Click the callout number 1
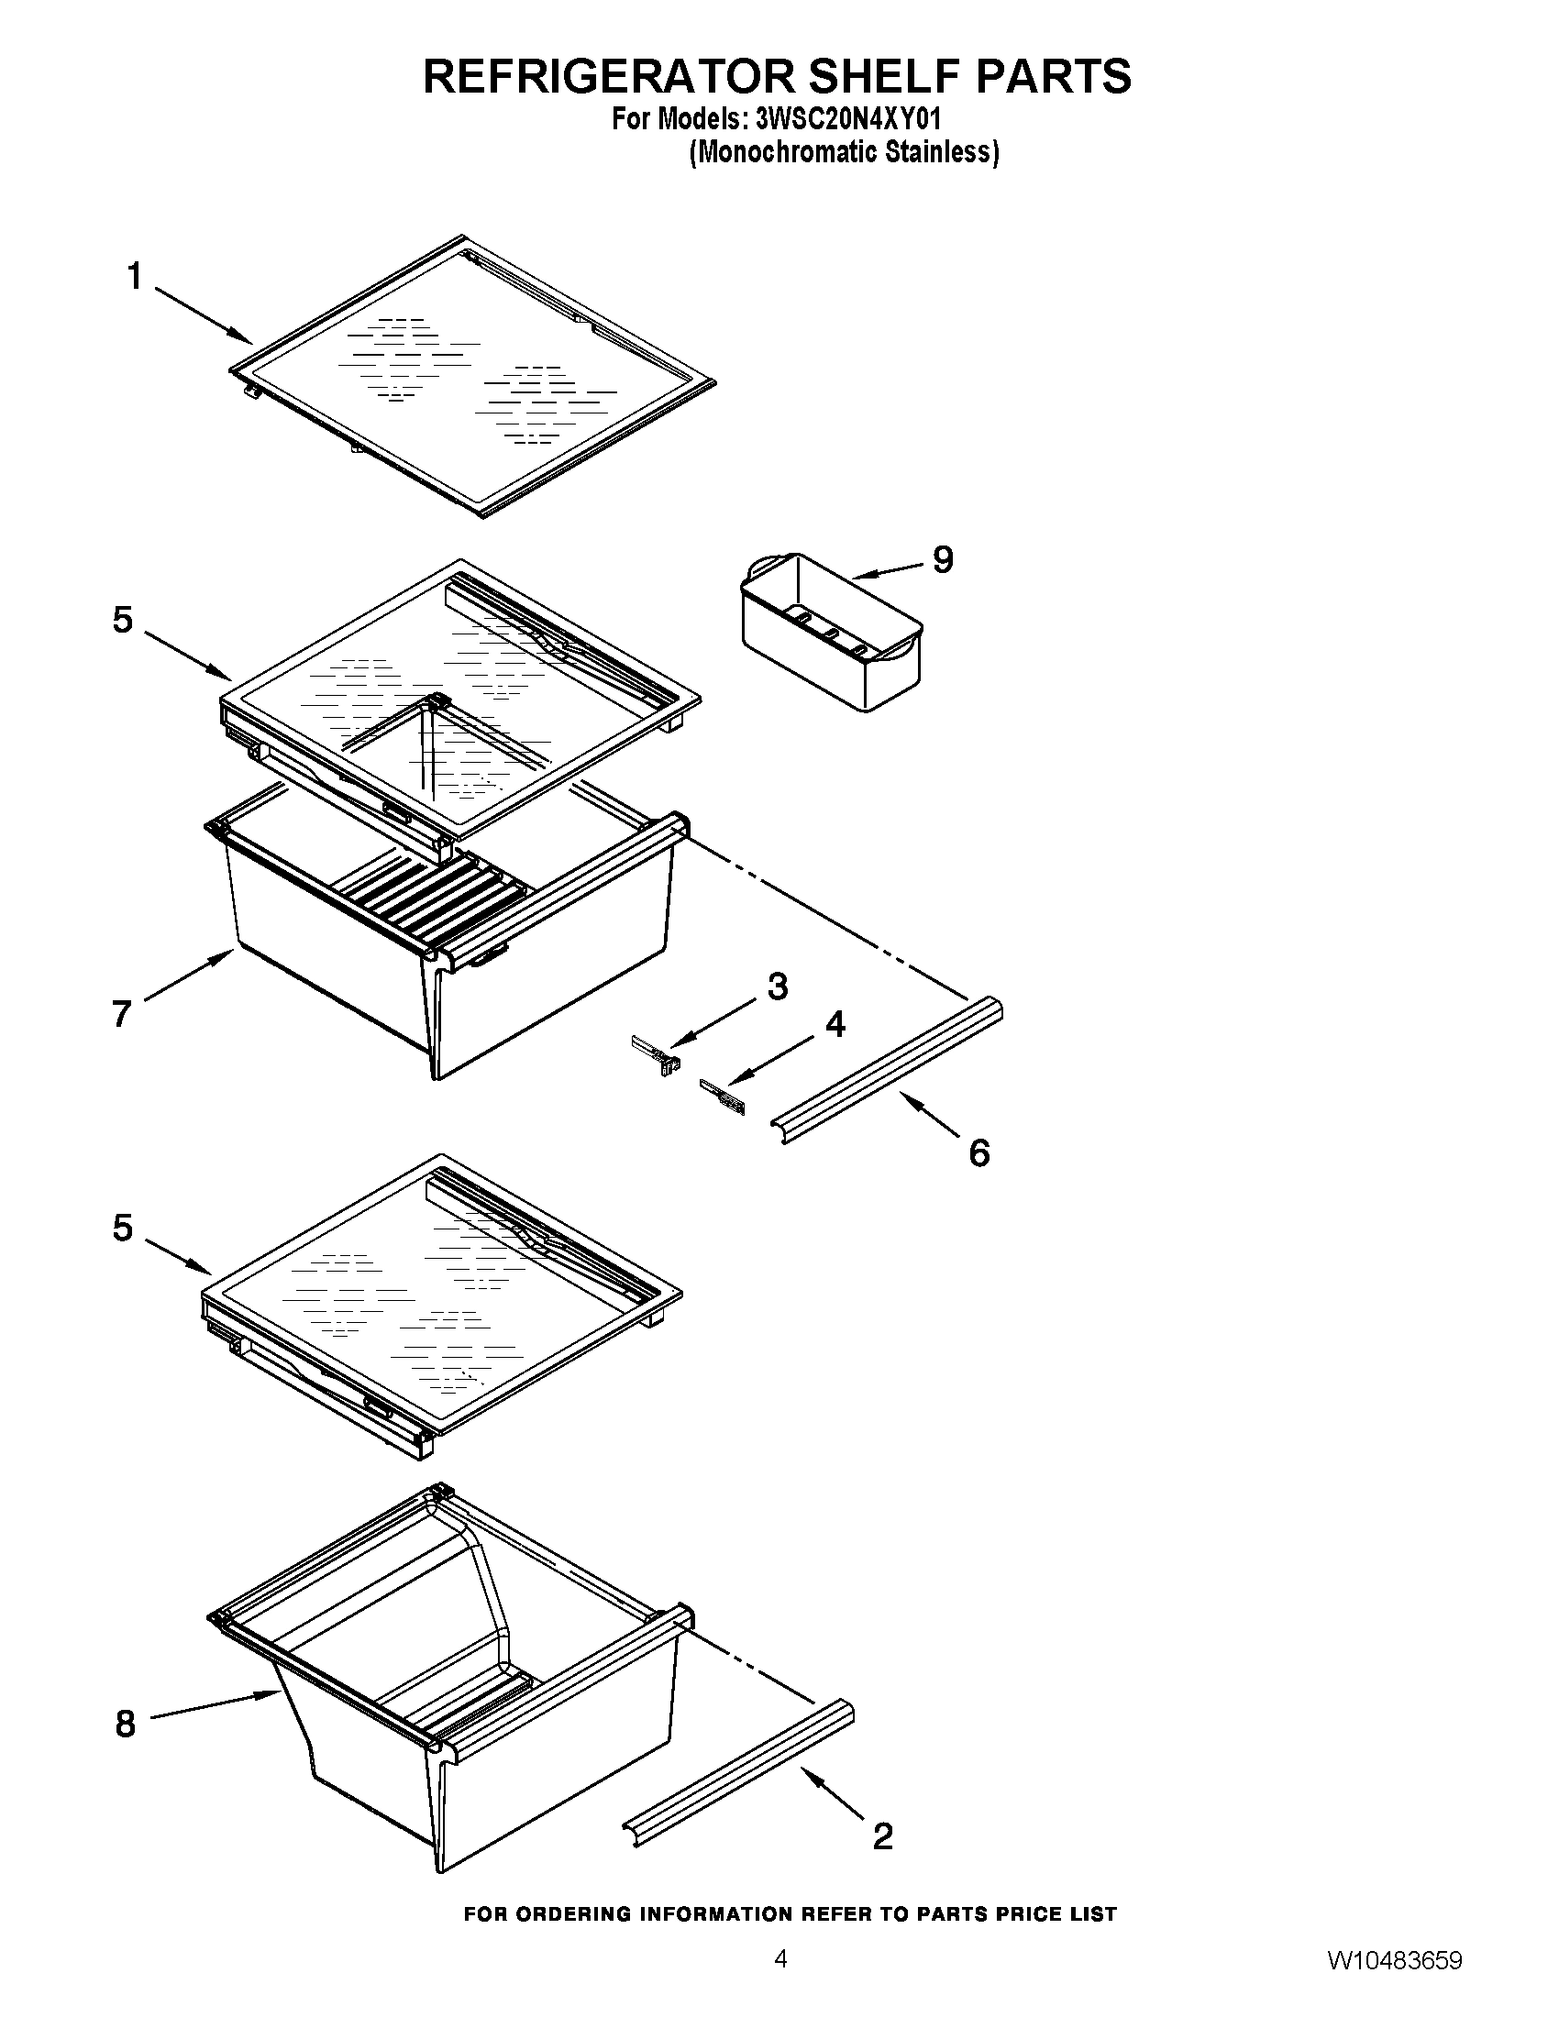[x=135, y=276]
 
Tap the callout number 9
[x=942, y=559]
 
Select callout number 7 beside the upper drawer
[x=121, y=1014]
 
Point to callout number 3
[x=778, y=986]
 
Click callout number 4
[x=834, y=1024]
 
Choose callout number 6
[x=979, y=1152]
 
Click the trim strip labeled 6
[x=887, y=1068]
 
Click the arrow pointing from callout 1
[x=204, y=314]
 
